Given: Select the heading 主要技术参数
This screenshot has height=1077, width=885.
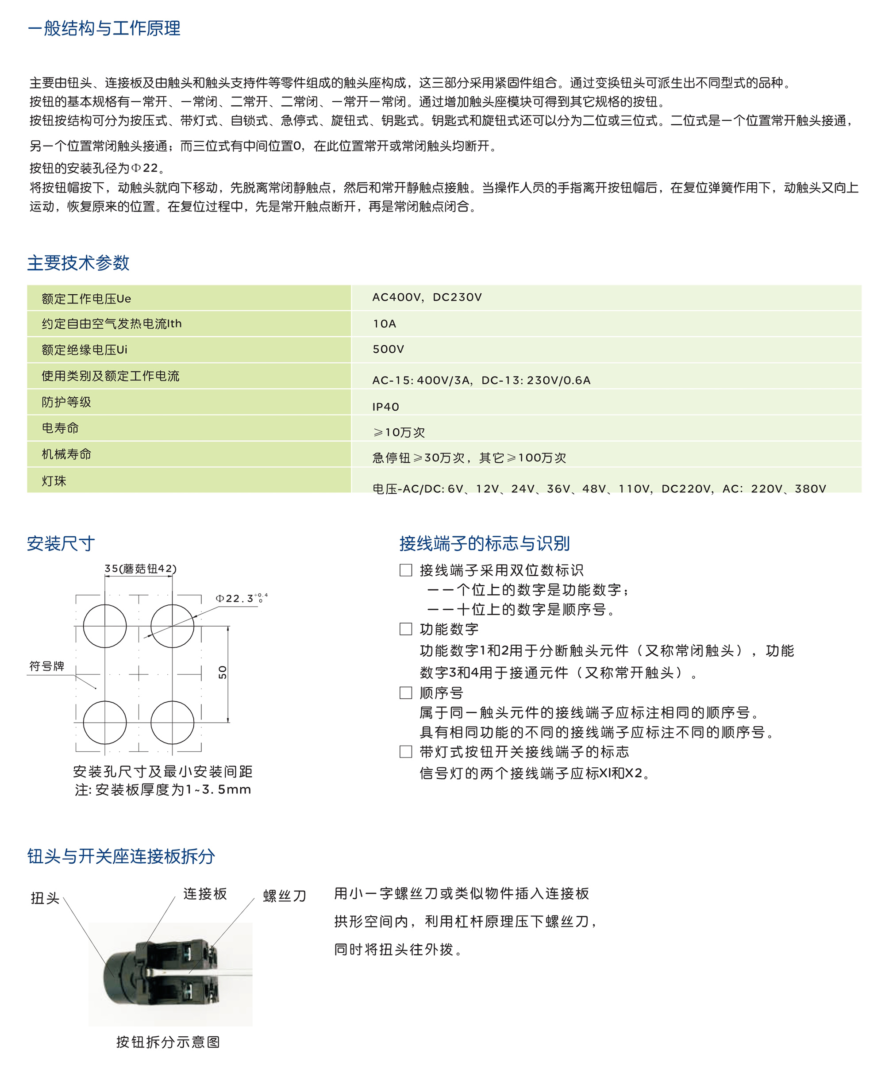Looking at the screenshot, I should click(x=78, y=262).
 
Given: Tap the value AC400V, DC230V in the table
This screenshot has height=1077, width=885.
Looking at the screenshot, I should click(x=427, y=297).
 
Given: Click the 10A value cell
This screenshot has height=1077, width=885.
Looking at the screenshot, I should click(x=385, y=323).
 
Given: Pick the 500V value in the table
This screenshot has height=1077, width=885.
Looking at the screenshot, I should click(x=388, y=349).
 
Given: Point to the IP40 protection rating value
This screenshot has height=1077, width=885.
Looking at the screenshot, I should click(x=385, y=407).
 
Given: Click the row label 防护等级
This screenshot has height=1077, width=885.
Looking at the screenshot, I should click(x=66, y=402).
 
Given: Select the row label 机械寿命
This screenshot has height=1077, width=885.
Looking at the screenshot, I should click(x=66, y=454).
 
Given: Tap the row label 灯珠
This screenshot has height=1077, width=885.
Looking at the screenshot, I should click(x=54, y=481).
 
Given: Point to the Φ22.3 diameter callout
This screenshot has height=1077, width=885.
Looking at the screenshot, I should click(x=239, y=598).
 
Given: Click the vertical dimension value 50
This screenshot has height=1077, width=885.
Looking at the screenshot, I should click(x=222, y=672).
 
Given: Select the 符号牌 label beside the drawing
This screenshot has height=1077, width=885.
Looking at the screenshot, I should click(x=47, y=666).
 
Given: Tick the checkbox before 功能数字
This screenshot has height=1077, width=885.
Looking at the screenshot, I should click(x=406, y=629).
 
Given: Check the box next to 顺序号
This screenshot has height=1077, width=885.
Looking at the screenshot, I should click(x=406, y=692).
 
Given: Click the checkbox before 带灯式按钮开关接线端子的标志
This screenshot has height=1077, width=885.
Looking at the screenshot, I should click(x=406, y=752).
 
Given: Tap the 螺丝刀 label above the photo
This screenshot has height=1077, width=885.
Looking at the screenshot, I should click(x=285, y=896).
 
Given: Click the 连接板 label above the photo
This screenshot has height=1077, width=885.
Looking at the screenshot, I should click(x=205, y=893).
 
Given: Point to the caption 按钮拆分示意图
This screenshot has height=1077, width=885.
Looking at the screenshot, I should click(x=168, y=1042).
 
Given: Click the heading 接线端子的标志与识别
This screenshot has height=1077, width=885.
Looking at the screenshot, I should click(x=484, y=543).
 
